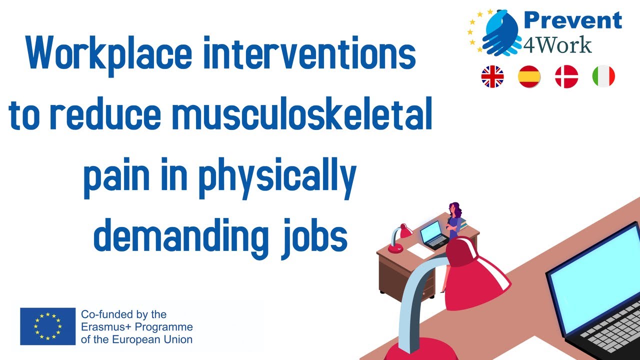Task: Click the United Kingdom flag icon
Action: [492, 77]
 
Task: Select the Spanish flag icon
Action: [529, 77]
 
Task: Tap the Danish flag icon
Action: [566, 77]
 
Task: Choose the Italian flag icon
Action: [603, 77]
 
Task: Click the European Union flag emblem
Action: [47, 326]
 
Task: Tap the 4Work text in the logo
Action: [557, 44]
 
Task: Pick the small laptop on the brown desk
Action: [432, 235]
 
